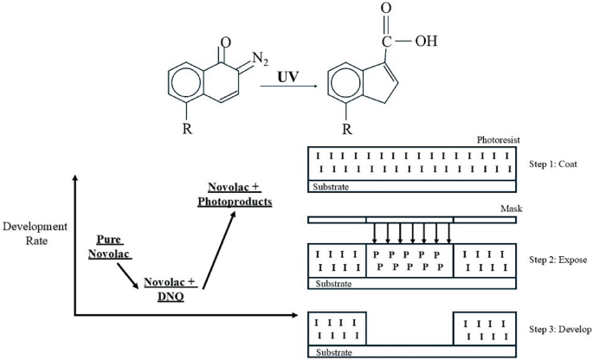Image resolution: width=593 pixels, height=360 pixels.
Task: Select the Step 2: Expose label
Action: tap(554, 260)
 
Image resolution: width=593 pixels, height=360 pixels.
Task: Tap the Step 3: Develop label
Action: tap(555, 330)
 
